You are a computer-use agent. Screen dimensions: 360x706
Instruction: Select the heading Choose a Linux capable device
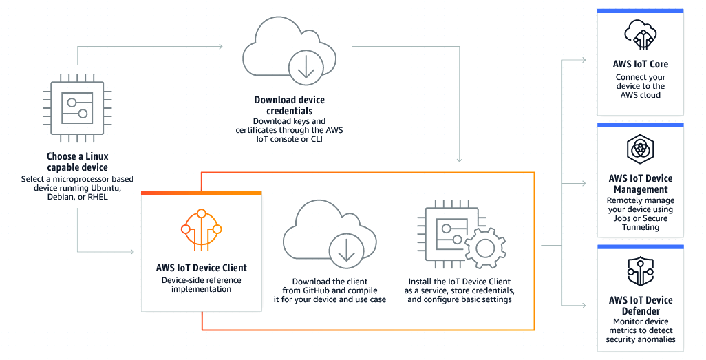point(77,162)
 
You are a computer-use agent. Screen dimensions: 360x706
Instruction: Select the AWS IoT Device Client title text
point(201,268)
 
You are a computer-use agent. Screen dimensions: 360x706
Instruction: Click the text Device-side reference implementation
point(201,285)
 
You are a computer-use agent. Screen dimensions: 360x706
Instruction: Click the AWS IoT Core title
point(640,64)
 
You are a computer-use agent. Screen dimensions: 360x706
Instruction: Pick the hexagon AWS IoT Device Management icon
point(640,149)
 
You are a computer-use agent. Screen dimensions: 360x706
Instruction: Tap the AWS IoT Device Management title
point(640,184)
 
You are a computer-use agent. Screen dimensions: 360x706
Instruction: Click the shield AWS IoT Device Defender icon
point(640,271)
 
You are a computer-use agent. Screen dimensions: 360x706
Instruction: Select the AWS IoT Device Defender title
point(640,305)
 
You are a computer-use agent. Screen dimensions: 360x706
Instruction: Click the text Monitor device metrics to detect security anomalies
point(640,330)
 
